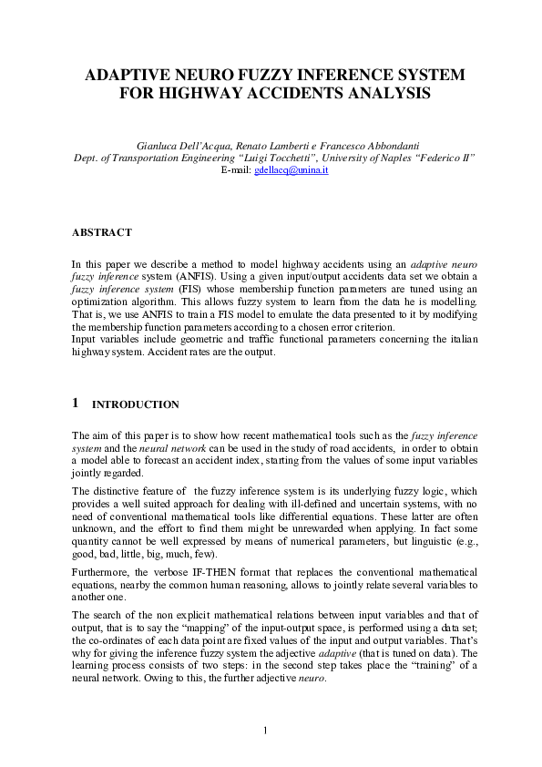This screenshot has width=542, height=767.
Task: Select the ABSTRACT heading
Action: (101, 232)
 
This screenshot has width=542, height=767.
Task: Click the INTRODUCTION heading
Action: (136, 404)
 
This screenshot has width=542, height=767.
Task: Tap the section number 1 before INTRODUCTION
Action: (75, 404)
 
